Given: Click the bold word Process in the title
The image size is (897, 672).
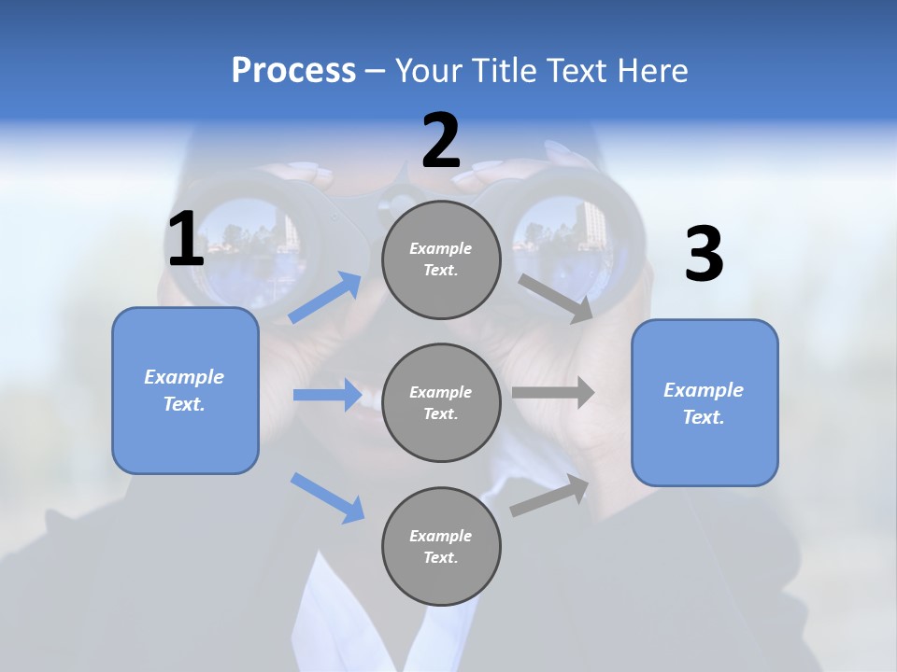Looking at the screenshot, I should (x=293, y=70).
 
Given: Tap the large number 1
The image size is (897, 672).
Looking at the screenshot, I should (x=186, y=239).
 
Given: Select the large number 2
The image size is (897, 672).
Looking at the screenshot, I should (x=441, y=141).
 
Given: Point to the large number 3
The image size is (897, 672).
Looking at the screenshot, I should (x=704, y=255).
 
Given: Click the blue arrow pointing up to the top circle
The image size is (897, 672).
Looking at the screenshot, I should (x=325, y=298).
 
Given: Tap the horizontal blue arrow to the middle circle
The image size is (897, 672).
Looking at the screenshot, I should (x=327, y=395).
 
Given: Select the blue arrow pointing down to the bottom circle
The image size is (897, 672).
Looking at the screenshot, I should (x=327, y=497).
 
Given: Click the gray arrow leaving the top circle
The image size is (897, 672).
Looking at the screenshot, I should (x=556, y=298).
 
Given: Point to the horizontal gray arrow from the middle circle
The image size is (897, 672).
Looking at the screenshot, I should (x=553, y=393).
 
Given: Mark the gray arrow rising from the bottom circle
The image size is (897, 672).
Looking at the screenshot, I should (x=549, y=496).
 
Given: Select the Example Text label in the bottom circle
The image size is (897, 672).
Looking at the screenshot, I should (x=441, y=547).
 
